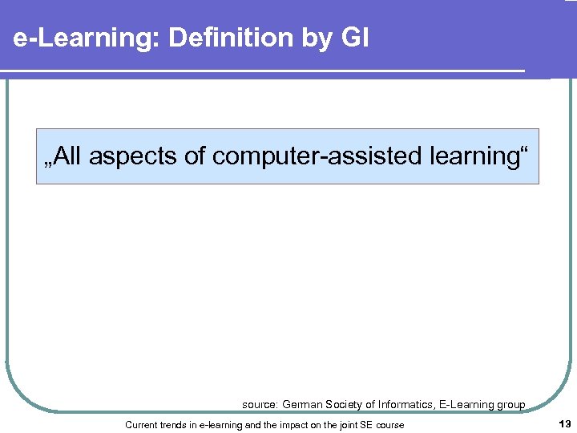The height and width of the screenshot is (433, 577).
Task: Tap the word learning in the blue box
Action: [x=475, y=156]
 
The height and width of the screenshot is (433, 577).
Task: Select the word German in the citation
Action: [x=301, y=405]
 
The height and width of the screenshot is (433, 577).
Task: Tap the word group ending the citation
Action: [x=510, y=405]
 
